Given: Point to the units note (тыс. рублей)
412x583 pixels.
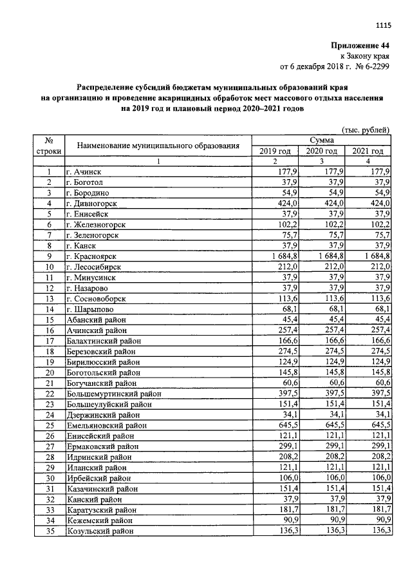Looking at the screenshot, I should point(366,129).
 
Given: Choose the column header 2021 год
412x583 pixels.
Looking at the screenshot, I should point(368,151).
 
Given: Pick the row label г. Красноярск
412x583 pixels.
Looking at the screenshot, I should point(93,256).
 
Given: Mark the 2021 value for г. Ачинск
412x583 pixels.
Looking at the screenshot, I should point(380,171).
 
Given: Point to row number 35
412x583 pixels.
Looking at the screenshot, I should point(48,531).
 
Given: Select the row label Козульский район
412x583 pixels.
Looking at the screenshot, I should point(100,531).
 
